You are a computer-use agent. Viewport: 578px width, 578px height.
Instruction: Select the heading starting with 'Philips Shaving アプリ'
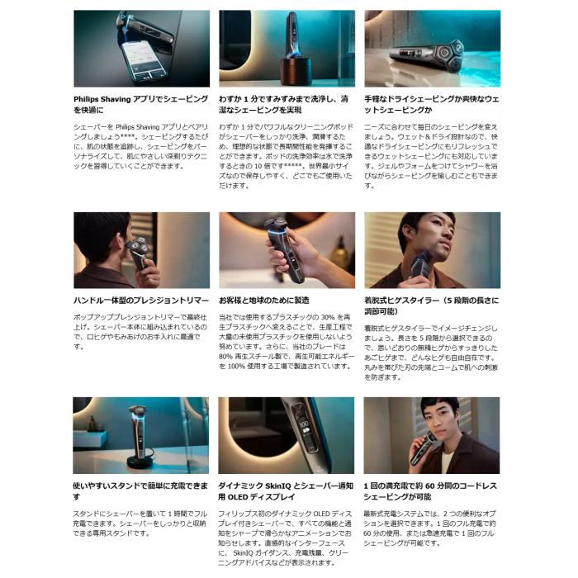pyautogui.click(x=140, y=103)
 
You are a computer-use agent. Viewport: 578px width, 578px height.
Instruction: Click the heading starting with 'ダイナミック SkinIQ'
pyautogui.click(x=286, y=490)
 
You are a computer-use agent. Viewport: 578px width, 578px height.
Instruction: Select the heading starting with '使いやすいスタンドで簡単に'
pyautogui.click(x=140, y=490)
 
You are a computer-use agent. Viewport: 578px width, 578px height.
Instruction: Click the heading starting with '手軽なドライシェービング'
pyautogui.click(x=431, y=103)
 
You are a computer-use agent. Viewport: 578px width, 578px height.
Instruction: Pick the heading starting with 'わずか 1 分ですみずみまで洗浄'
pyautogui.click(x=286, y=103)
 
